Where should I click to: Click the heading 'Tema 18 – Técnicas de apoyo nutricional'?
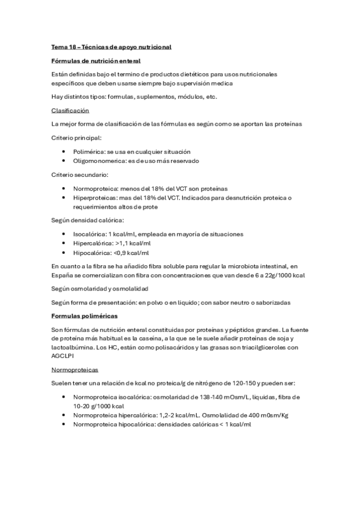111,47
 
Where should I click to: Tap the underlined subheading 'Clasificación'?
70,111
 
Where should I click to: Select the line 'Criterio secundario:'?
79,174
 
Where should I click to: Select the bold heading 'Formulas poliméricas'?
84,315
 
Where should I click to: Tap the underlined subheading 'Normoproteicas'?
75,369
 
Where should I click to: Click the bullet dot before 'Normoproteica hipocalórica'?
64,424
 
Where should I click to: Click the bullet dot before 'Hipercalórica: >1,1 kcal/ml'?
64,243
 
